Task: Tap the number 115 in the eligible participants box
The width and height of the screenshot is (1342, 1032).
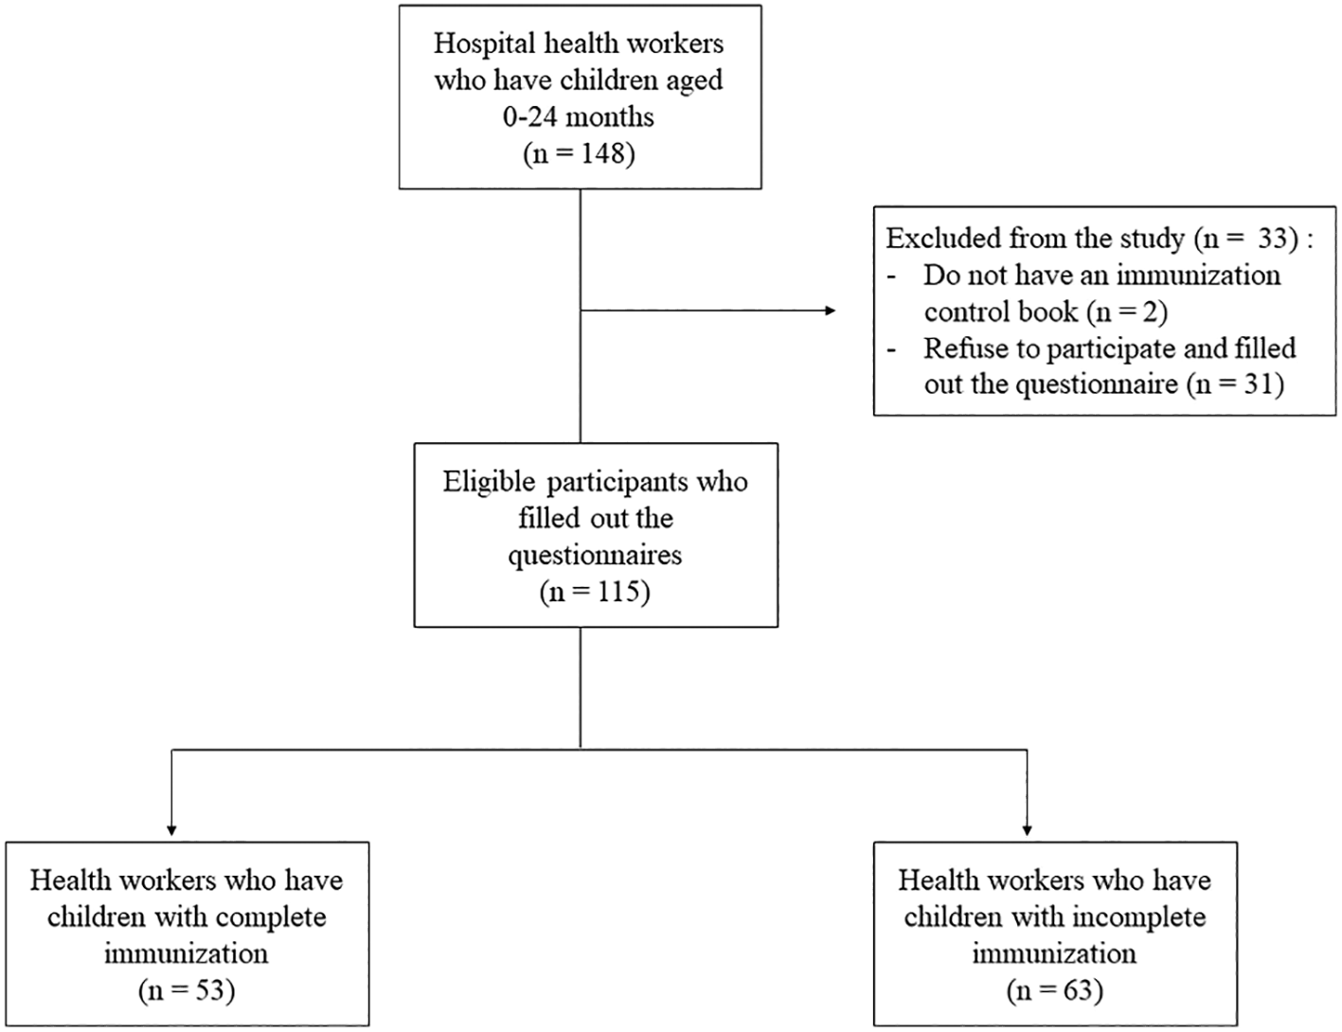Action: click(617, 592)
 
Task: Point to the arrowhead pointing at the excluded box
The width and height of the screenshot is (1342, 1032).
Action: click(831, 311)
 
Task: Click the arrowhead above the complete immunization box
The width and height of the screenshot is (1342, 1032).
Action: click(171, 830)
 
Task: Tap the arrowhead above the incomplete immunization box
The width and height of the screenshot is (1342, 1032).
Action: click(1027, 830)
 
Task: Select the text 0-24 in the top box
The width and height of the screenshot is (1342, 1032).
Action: click(529, 117)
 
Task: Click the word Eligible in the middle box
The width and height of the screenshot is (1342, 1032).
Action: click(489, 483)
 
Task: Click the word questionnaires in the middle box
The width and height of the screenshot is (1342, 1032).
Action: click(596, 556)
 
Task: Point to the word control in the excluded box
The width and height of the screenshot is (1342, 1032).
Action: click(968, 311)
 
